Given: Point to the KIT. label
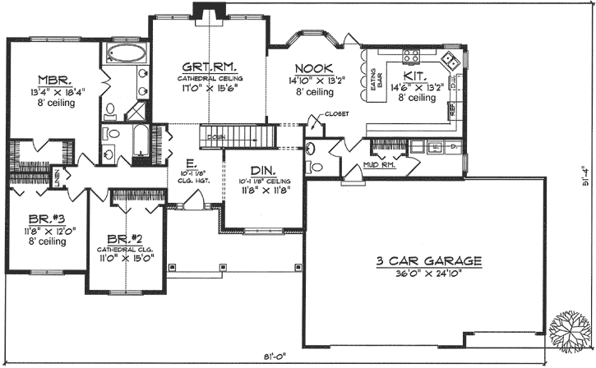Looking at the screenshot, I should click(414, 73).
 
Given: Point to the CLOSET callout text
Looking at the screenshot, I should click(337, 113).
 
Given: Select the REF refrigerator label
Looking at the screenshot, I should click(450, 106).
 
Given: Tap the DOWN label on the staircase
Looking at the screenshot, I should click(217, 136).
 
